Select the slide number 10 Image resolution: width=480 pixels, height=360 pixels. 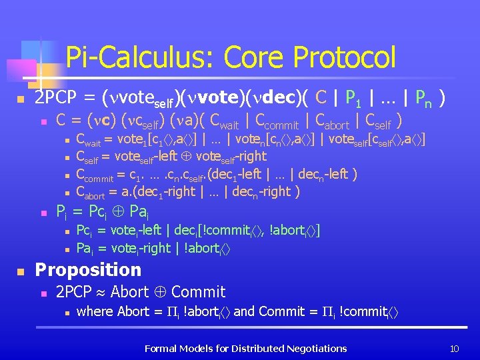[x=455, y=348]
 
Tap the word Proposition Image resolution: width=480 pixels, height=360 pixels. [x=88, y=270]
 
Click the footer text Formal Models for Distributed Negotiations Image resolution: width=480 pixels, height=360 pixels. [x=245, y=348]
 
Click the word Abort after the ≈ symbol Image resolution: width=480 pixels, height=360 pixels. [x=130, y=291]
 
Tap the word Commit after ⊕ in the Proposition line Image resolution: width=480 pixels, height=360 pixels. [x=199, y=291]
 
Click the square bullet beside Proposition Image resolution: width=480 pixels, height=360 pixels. [x=21, y=271]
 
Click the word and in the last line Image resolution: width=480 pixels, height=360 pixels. [x=244, y=311]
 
